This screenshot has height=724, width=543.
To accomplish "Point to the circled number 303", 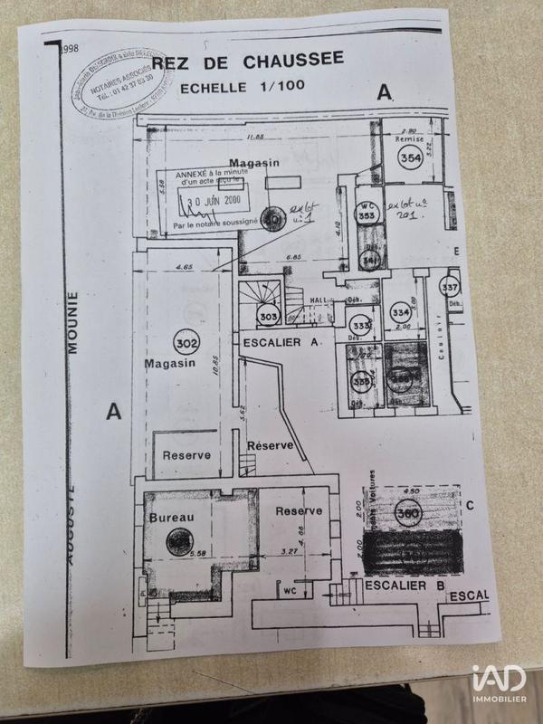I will (268, 317).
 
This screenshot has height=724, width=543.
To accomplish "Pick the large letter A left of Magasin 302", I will (113, 412).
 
